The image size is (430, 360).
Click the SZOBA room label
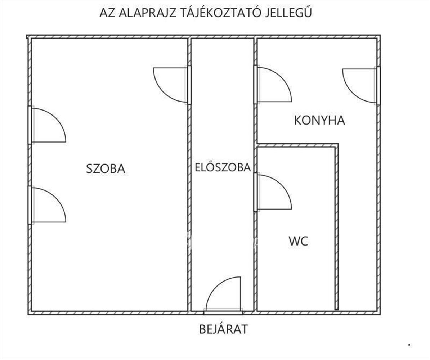tap(106, 168)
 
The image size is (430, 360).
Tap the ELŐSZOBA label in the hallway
tap(223, 167)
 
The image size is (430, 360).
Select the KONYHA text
tap(319, 120)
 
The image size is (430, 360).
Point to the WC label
tap(298, 241)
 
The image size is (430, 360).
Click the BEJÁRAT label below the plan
tap(224, 329)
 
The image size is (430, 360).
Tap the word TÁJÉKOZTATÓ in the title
tap(221, 13)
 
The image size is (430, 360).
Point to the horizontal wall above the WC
tap(297, 145)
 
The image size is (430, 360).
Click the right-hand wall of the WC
tap(337, 227)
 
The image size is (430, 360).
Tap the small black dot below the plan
tap(409, 345)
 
